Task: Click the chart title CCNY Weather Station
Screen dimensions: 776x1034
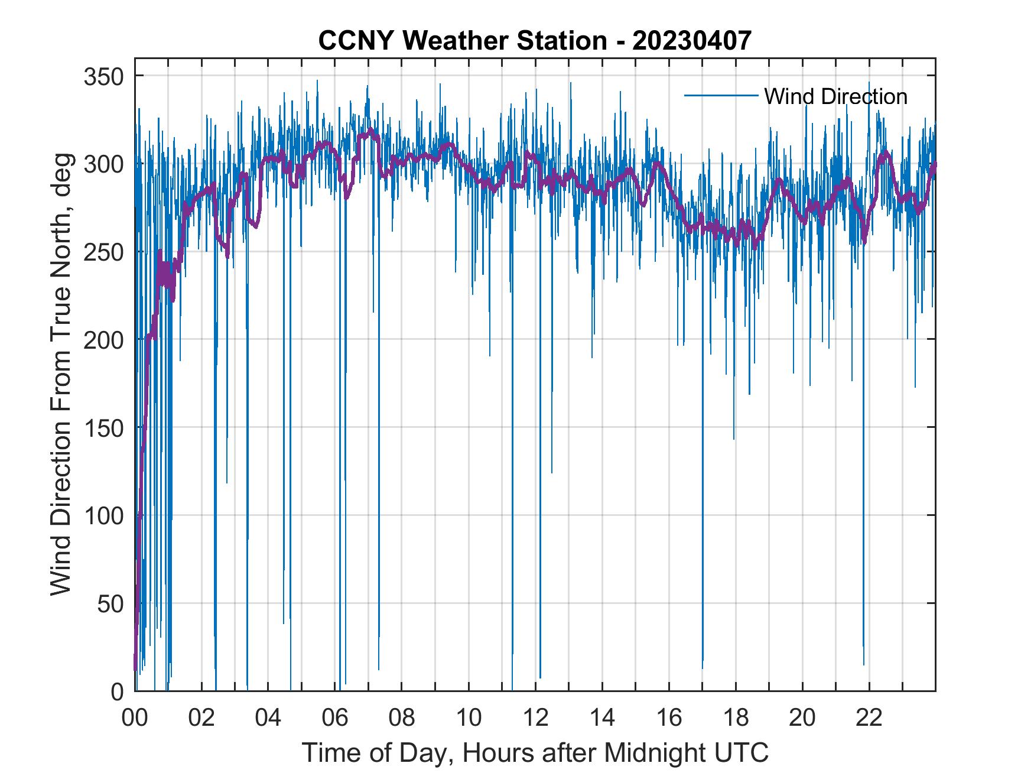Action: tap(462, 40)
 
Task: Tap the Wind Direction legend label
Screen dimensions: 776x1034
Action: tap(835, 96)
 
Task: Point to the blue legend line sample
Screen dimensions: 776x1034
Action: tap(721, 95)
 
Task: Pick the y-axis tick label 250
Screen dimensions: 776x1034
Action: tap(103, 252)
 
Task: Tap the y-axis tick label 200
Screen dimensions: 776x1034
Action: tap(103, 340)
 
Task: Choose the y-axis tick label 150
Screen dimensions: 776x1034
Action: tap(103, 427)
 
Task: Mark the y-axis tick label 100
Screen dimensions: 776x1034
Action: tap(103, 515)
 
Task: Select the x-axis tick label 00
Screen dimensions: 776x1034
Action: tap(135, 718)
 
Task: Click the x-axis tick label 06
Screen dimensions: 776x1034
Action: tap(335, 718)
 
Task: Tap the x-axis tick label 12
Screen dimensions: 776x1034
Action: tap(535, 718)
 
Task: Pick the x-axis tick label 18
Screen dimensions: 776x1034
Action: tap(736, 718)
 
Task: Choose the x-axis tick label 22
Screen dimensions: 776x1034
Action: tap(869, 718)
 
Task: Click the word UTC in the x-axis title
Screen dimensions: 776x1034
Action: tap(744, 752)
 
